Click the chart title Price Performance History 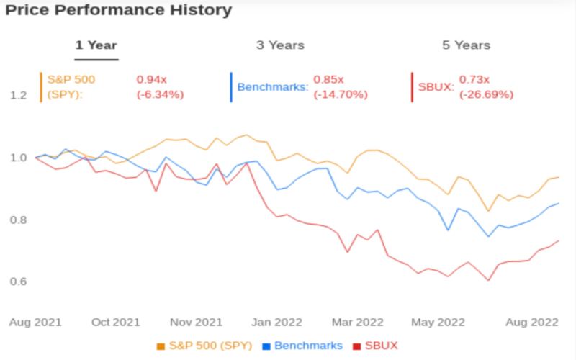119,10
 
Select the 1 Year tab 96,45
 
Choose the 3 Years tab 280,45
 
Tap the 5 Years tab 466,45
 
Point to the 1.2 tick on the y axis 19,96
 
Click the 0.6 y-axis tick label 19,282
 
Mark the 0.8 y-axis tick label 19,220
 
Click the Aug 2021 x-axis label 35,322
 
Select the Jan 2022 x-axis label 276,322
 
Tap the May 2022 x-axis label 438,322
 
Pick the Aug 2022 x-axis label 532,322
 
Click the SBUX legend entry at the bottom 375,346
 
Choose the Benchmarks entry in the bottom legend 302,346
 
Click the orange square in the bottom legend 161,346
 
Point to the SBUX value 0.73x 474,79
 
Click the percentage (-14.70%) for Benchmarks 341,95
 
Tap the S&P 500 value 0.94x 152,79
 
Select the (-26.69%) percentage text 487,95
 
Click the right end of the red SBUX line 559,240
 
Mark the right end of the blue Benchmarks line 559,203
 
